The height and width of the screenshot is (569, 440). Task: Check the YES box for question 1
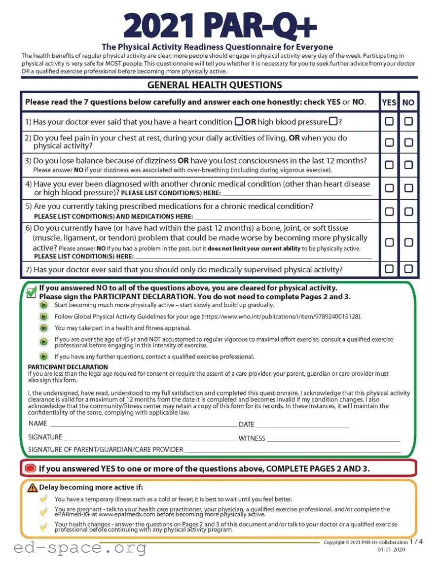click(389, 121)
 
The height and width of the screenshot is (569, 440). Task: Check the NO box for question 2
click(408, 142)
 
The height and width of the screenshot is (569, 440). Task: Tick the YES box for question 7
click(389, 269)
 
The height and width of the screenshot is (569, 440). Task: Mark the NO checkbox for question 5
click(408, 212)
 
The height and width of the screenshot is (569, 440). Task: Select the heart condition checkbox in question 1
click(238, 121)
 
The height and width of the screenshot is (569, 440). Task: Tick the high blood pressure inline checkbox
click(333, 121)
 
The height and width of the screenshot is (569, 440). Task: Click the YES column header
click(389, 103)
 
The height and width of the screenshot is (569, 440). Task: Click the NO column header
click(408, 103)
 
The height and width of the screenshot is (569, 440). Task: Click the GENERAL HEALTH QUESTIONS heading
click(215, 85)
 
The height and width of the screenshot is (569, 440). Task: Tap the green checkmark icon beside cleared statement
click(31, 292)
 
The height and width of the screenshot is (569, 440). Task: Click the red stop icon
click(30, 468)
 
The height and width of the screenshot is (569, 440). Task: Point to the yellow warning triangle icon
click(33, 488)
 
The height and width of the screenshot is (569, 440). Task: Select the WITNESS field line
click(333, 438)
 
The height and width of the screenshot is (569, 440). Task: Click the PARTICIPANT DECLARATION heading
click(68, 367)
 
